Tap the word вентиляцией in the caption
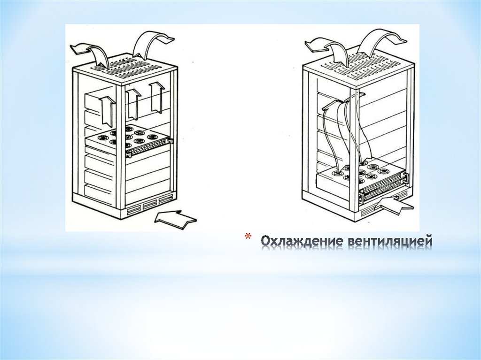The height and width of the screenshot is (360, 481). pyautogui.click(x=390, y=242)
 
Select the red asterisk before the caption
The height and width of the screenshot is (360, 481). pyautogui.click(x=248, y=237)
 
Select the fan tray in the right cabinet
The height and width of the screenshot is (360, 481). pyautogui.click(x=362, y=181)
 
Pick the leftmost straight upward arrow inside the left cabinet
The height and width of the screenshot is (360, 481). pyautogui.click(x=108, y=110)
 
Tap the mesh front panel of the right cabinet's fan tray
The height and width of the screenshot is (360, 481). pyautogui.click(x=383, y=190)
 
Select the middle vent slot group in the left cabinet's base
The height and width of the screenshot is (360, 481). pyautogui.click(x=150, y=205)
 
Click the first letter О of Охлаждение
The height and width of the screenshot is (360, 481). pyautogui.click(x=266, y=241)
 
